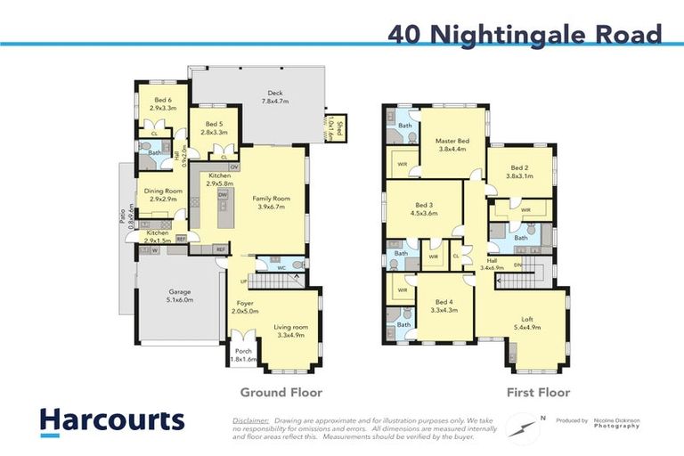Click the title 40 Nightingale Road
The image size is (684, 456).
click(525, 35)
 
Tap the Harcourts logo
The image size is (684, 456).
click(112, 420)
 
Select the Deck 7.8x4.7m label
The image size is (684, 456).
click(275, 97)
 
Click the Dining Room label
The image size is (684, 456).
click(163, 195)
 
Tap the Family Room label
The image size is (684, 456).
click(274, 201)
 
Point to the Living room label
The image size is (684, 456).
click(291, 331)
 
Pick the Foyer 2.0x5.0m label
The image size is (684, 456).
click(246, 306)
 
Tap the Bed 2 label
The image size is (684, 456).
click(521, 171)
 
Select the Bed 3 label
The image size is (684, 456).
click(423, 208)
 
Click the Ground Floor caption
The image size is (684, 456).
click(281, 392)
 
